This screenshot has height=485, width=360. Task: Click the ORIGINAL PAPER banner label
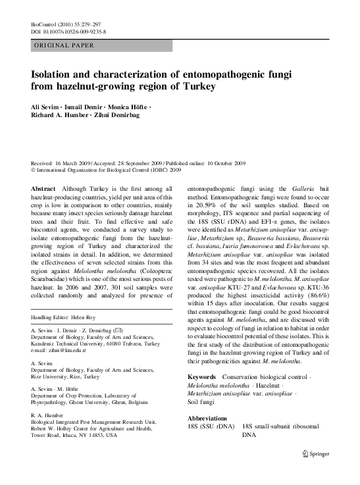click(64, 45)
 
